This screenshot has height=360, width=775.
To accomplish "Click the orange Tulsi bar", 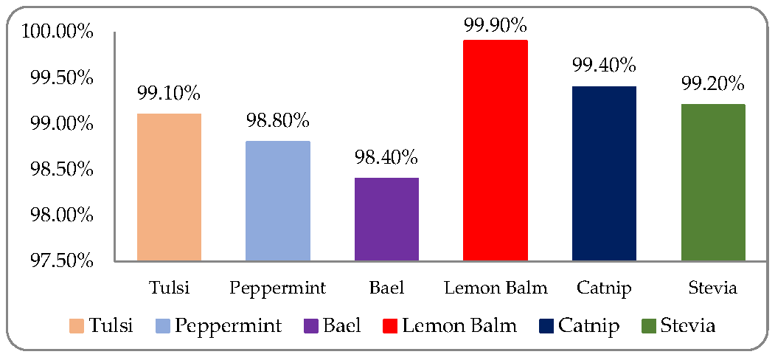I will pos(169,187).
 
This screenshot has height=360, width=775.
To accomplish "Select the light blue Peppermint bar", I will pos(278,201).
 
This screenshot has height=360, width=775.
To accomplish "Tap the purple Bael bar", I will pos(386,219).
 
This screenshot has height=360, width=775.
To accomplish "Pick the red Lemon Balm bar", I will pos(496,150).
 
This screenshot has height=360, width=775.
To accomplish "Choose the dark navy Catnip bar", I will pos(604,173).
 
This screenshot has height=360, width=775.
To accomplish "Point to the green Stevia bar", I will pos(713,182).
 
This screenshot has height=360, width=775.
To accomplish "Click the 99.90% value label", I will pos(496,25).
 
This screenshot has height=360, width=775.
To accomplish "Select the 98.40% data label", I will pos(386,157).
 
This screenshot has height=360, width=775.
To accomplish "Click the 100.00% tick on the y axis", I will pos(58,32).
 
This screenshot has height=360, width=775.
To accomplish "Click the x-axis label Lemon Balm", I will pos(496,288).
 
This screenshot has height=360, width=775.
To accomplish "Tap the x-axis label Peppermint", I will pos(278,288).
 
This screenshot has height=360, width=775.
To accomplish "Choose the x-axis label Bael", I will pos(386,288).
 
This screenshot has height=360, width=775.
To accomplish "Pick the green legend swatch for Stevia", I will pos(648,325).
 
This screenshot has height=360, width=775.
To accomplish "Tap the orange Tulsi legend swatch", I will pos(76,325).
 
